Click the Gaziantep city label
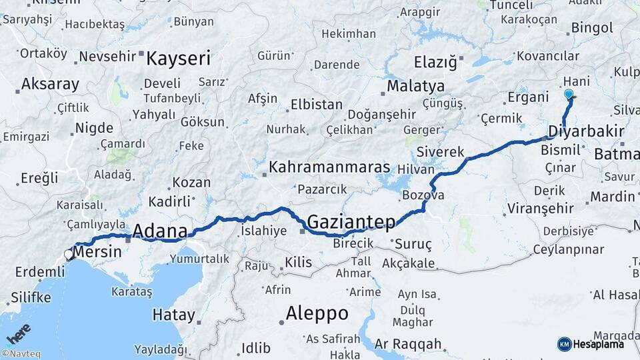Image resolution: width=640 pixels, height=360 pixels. pyautogui.click(x=351, y=221)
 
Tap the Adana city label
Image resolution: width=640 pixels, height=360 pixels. pyautogui.click(x=159, y=231)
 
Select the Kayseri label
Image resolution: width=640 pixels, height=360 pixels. pyautogui.click(x=178, y=58)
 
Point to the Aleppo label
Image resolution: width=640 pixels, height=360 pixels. pyautogui.click(x=317, y=313)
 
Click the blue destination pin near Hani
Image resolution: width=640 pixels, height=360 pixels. pyautogui.click(x=569, y=95)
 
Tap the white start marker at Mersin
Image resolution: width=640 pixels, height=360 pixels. pyautogui.click(x=69, y=254)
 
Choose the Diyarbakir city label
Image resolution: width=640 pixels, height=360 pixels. pyautogui.click(x=585, y=130)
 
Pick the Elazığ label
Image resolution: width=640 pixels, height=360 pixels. pyautogui.click(x=435, y=63)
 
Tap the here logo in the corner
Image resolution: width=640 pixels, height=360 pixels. pyautogui.click(x=19, y=333)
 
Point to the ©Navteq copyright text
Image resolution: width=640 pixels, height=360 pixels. pyautogui.click(x=21, y=354)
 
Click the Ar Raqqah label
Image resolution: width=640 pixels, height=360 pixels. pyautogui.click(x=408, y=344)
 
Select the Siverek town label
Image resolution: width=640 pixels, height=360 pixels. pyautogui.click(x=440, y=152)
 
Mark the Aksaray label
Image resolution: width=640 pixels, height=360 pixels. pyautogui.click(x=50, y=85)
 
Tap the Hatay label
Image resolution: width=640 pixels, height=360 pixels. pyautogui.click(x=173, y=314)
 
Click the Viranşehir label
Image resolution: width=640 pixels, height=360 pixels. pyautogui.click(x=540, y=208)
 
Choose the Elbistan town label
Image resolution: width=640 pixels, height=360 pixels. pyautogui.click(x=316, y=105)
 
